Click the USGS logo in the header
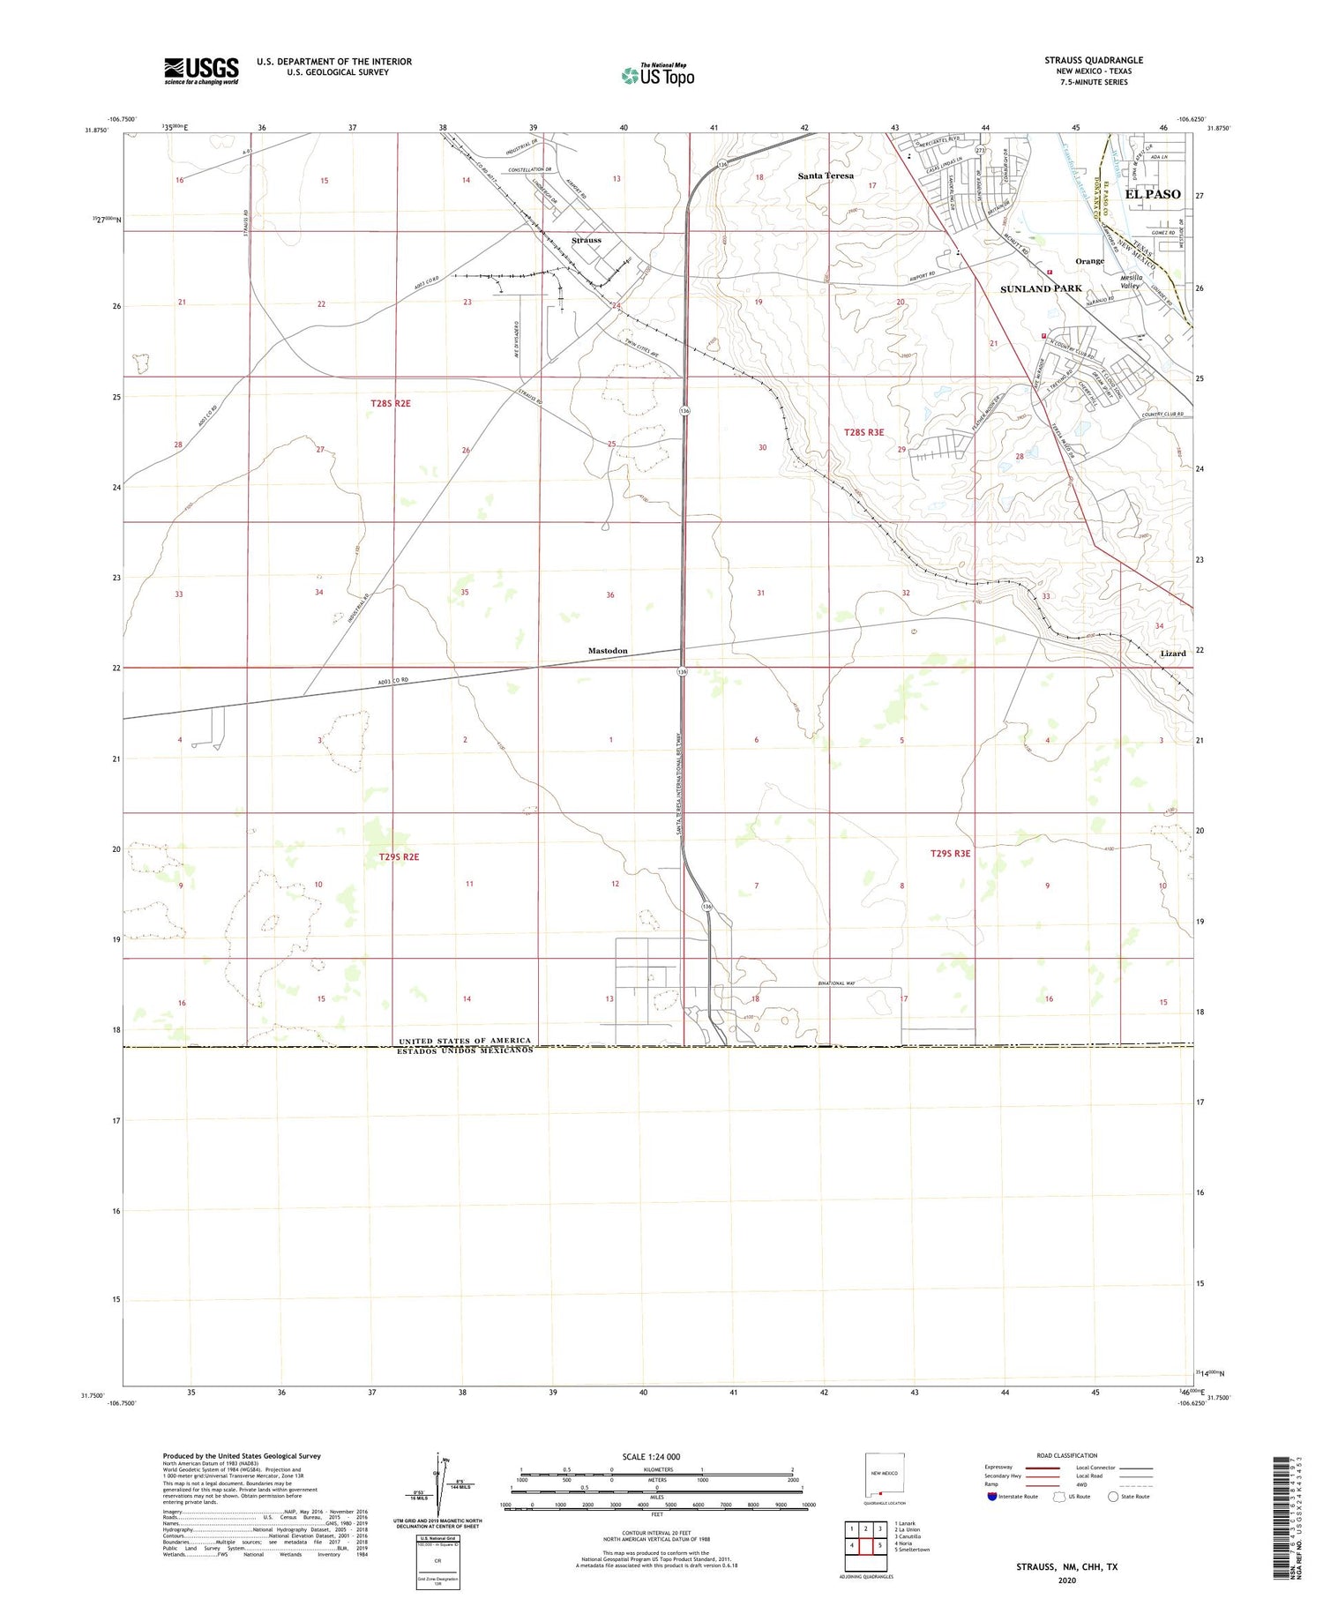point(201,71)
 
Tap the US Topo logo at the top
point(658,76)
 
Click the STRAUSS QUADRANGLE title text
point(1094,60)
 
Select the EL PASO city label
point(1153,194)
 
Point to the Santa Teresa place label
point(826,176)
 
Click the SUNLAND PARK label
point(1041,288)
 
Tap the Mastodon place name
point(608,651)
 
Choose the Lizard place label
point(1172,654)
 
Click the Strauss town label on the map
point(586,240)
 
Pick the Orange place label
point(1089,261)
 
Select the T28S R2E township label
point(391,403)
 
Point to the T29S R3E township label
point(950,853)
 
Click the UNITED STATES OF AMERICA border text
point(465,1041)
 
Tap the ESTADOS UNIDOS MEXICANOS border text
point(465,1050)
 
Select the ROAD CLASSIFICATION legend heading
point(1067,1455)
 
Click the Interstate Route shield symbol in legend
point(992,1497)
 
